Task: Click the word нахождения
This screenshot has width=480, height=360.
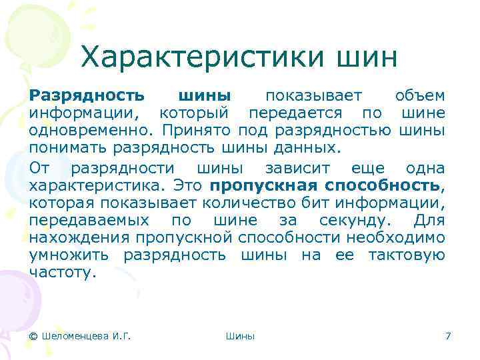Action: point(81,238)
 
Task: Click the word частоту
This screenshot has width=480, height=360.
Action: point(63,271)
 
